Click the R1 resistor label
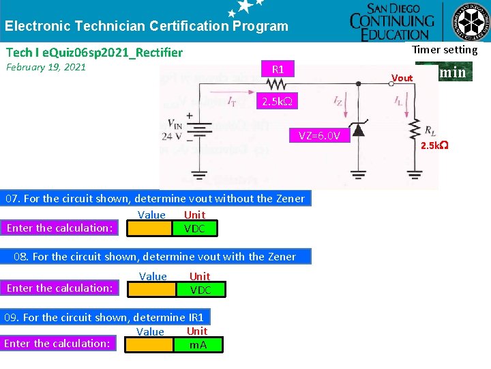point(278,69)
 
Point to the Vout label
point(402,78)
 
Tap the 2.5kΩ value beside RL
point(434,146)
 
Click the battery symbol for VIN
point(199,130)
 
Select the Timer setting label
point(445,49)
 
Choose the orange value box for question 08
point(154,289)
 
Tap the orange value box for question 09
point(151,344)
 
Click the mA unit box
point(198,344)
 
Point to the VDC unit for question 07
point(194,228)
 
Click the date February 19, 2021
point(46,67)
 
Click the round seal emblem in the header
point(473,22)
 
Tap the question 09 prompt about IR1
point(104,317)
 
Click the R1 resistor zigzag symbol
point(278,84)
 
